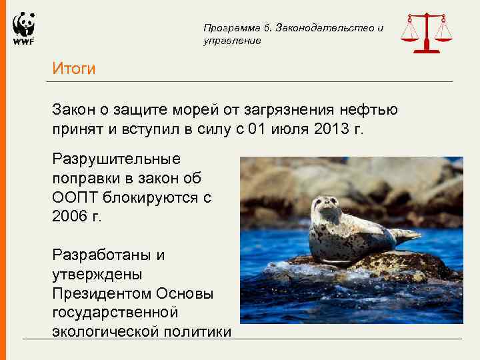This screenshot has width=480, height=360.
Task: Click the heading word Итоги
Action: click(75, 69)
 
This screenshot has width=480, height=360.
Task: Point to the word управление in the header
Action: click(232, 41)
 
